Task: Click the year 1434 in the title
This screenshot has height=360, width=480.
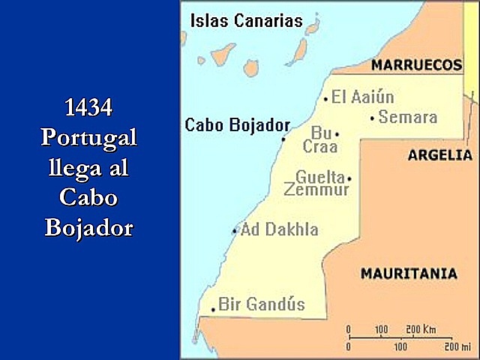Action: pyautogui.click(x=89, y=109)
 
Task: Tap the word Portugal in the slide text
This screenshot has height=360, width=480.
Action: pyautogui.click(x=89, y=138)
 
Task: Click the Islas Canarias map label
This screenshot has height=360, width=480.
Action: pyautogui.click(x=246, y=20)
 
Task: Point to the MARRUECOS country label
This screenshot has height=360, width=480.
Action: pyautogui.click(x=417, y=65)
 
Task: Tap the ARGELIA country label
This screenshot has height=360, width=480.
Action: pyautogui.click(x=439, y=155)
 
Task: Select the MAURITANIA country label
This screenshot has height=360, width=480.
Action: pyautogui.click(x=409, y=274)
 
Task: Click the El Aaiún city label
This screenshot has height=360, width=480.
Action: pyautogui.click(x=363, y=97)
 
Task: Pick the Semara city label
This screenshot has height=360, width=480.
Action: pyautogui.click(x=408, y=117)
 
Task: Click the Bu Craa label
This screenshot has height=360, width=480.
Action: pyautogui.click(x=320, y=140)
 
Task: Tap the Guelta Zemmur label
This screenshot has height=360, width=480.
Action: pyautogui.click(x=318, y=184)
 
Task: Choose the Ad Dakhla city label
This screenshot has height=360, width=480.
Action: pyautogui.click(x=280, y=229)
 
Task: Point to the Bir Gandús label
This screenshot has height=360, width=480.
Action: pyautogui.click(x=262, y=304)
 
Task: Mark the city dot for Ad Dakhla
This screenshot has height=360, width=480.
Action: pyautogui.click(x=235, y=231)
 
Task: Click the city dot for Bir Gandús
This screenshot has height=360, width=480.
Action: pyautogui.click(x=214, y=308)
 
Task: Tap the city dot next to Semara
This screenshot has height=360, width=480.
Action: pyautogui.click(x=373, y=118)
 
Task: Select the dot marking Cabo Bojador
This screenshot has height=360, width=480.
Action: pyautogui.click(x=283, y=139)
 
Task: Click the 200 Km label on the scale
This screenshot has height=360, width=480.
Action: pyautogui.click(x=421, y=330)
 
